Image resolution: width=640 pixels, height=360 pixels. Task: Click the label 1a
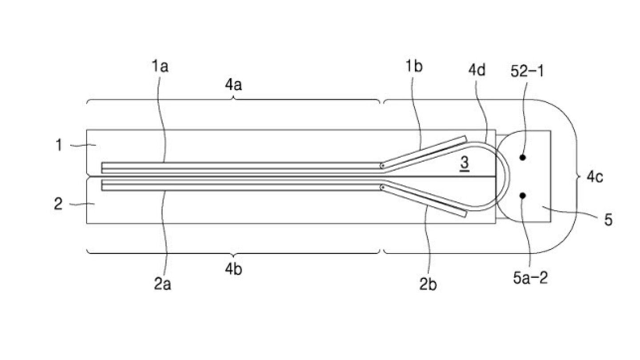[x=160, y=68]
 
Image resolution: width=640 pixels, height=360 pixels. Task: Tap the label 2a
[x=163, y=284]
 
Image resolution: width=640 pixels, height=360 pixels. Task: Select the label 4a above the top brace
[x=233, y=85]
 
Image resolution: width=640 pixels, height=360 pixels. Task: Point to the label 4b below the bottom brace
[x=233, y=269]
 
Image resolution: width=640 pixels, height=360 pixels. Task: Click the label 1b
[x=414, y=67]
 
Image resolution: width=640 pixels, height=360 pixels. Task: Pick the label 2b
[x=428, y=284]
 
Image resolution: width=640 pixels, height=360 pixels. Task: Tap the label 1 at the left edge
[x=59, y=145]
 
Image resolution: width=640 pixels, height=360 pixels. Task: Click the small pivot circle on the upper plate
[x=382, y=166]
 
